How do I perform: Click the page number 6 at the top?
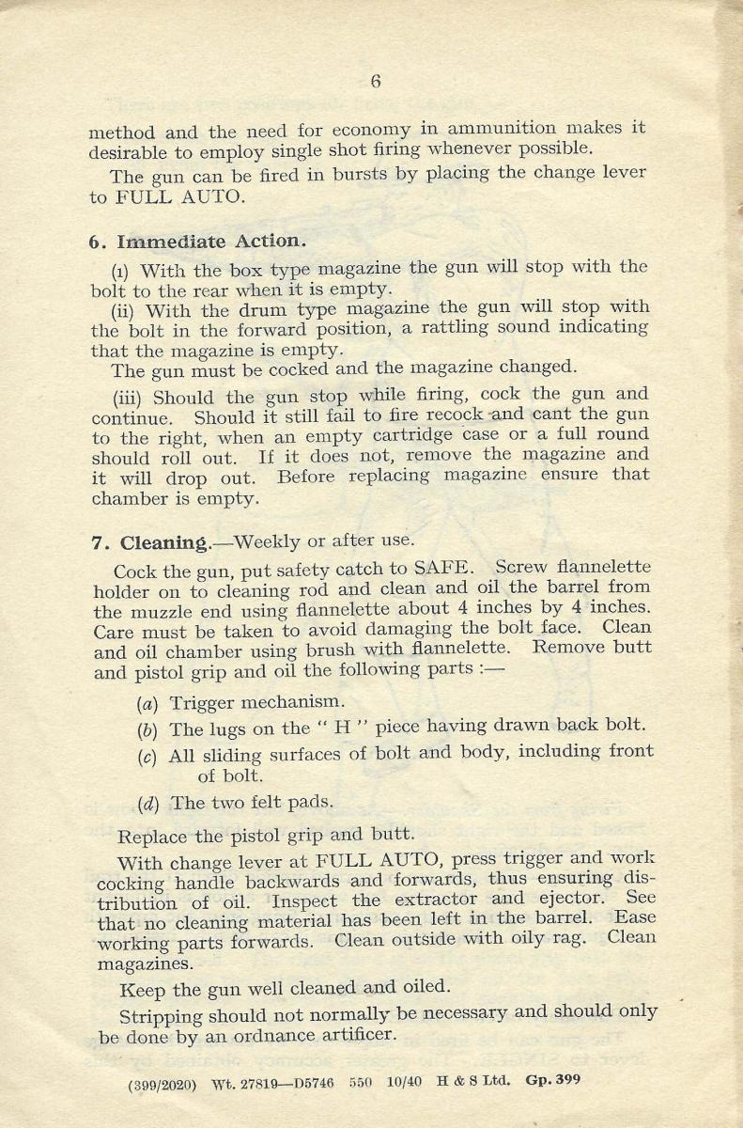coord(376,82)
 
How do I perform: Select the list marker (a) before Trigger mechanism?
coord(147,701)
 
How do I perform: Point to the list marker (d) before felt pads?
coord(147,803)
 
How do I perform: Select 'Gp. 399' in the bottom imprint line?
coord(553,1080)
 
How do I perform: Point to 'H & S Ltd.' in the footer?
coord(474,1081)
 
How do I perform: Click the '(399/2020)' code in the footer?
coord(163,1083)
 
